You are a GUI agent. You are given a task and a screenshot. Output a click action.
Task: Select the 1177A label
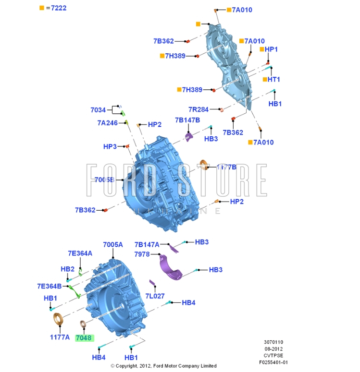click(x=60, y=337)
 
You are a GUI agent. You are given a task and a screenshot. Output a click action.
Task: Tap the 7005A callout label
click(x=113, y=244)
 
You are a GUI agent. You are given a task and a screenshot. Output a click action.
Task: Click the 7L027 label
click(x=155, y=296)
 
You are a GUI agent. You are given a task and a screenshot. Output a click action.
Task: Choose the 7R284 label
click(x=199, y=109)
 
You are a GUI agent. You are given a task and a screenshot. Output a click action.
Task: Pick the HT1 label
click(x=274, y=79)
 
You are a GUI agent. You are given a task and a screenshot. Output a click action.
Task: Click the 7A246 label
click(x=108, y=123)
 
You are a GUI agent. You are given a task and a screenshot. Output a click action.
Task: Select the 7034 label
click(x=98, y=110)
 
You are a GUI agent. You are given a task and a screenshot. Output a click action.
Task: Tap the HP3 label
click(x=110, y=146)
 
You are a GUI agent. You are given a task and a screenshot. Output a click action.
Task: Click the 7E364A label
click(x=80, y=253)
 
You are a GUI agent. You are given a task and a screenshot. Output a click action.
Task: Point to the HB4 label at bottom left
click(x=99, y=357)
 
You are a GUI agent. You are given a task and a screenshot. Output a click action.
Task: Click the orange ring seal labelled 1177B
click(x=204, y=164)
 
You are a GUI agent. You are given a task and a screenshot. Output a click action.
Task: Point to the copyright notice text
click(x=163, y=366)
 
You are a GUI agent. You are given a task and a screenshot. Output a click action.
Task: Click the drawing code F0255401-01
click(x=273, y=362)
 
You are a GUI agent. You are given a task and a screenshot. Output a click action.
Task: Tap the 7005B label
click(x=104, y=180)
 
